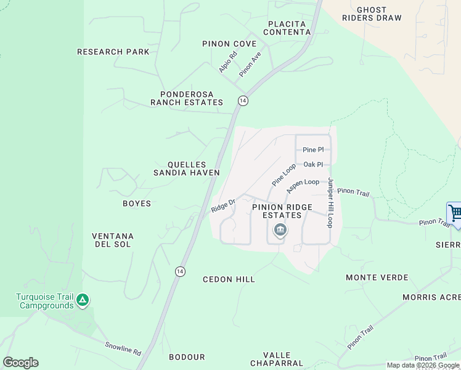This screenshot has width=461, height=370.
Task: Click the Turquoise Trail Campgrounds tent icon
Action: click(83, 301)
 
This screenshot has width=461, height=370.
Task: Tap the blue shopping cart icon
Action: click(455, 214)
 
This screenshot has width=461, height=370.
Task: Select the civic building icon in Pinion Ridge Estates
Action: click(280, 231)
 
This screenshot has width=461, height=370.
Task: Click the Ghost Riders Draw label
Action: click(372, 14)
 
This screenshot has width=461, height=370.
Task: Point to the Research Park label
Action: click(113, 52)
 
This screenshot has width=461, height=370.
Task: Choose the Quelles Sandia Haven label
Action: click(186, 169)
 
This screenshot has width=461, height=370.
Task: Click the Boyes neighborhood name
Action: click(137, 203)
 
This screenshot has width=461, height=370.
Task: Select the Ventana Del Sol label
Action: click(113, 240)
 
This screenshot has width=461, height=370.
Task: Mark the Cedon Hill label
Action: click(229, 279)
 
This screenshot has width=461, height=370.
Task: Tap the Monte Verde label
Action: click(377, 277)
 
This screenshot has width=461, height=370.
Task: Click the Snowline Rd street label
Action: click(123, 349)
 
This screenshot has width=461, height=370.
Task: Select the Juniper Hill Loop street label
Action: click(330, 203)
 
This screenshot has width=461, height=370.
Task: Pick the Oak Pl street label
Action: click(313, 165)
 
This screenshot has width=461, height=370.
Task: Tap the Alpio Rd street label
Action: click(227, 62)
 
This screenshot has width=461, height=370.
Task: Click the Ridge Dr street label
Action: click(223, 205)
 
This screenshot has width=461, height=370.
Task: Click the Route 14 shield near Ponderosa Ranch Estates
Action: click(243, 101)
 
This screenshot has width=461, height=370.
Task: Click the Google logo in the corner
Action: click(20, 363)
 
